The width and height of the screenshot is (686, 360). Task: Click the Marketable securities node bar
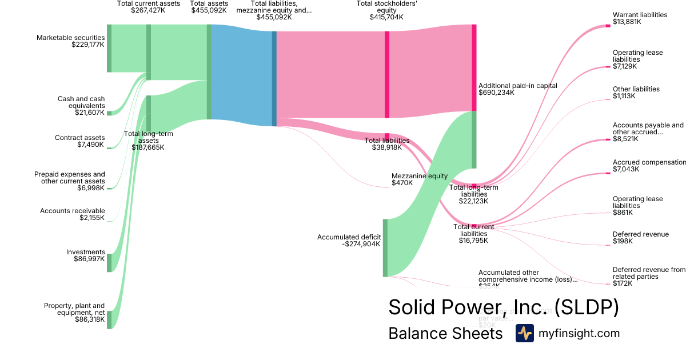109,49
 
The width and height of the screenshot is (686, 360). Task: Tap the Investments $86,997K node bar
109,263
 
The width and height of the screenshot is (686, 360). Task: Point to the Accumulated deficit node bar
385,247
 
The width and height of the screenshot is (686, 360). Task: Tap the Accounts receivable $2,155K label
72,214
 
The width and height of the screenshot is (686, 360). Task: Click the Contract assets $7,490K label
79,141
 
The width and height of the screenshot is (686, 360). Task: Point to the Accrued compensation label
649,165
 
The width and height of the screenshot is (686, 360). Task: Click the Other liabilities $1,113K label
636,93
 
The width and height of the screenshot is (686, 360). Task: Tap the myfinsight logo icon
524,333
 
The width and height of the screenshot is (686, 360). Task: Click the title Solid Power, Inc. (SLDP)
503,307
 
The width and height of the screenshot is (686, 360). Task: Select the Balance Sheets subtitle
445,333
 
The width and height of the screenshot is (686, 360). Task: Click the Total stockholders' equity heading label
386,10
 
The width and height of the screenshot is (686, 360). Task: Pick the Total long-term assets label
148,140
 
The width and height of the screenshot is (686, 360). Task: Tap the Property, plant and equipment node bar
109,320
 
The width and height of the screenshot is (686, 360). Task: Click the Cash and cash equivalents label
81,106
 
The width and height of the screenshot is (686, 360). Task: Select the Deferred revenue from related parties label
648,277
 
